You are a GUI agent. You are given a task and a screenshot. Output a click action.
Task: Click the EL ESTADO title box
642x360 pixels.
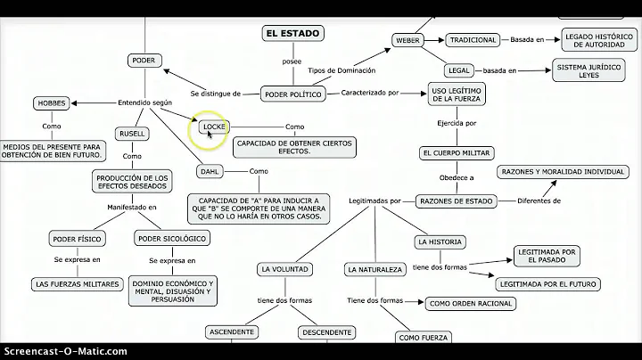(292, 34)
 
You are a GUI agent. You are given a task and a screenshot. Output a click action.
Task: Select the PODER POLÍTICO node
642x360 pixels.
(292, 93)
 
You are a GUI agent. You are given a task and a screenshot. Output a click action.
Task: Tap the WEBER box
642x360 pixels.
(407, 40)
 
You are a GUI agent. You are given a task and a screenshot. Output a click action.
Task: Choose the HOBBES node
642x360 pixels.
(52, 102)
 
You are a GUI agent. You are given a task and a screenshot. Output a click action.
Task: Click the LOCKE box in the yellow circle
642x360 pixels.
(215, 127)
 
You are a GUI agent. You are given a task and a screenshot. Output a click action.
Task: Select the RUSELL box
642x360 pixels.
(131, 134)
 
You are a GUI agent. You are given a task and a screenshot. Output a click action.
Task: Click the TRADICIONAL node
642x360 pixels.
(473, 40)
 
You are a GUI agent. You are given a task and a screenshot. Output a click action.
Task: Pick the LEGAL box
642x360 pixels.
(458, 70)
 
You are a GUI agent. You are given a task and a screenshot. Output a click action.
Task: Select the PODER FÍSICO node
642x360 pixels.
(77, 238)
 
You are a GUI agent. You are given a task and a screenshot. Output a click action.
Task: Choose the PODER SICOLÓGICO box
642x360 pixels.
(171, 238)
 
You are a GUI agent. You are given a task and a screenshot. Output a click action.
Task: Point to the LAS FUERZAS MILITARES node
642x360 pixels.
(78, 283)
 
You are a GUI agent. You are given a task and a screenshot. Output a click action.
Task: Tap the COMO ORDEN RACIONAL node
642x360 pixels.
(470, 303)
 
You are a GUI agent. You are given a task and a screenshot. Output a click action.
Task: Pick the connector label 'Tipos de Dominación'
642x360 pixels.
(341, 70)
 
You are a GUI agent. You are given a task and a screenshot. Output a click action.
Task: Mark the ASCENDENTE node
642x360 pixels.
(231, 331)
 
